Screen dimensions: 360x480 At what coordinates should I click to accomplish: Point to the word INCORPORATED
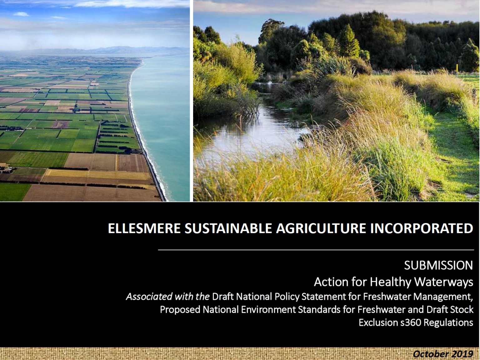[422, 228]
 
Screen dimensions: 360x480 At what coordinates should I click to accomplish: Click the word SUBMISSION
[438, 266]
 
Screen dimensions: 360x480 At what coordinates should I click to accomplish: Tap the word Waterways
[443, 282]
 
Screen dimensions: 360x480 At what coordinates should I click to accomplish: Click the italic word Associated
[149, 297]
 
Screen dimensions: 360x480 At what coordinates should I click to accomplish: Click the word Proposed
[180, 310]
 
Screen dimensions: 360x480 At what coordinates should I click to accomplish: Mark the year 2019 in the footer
[462, 354]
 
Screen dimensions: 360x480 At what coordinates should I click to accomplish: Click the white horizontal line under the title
[316, 250]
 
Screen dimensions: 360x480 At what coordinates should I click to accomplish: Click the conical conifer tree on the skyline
[349, 41]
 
